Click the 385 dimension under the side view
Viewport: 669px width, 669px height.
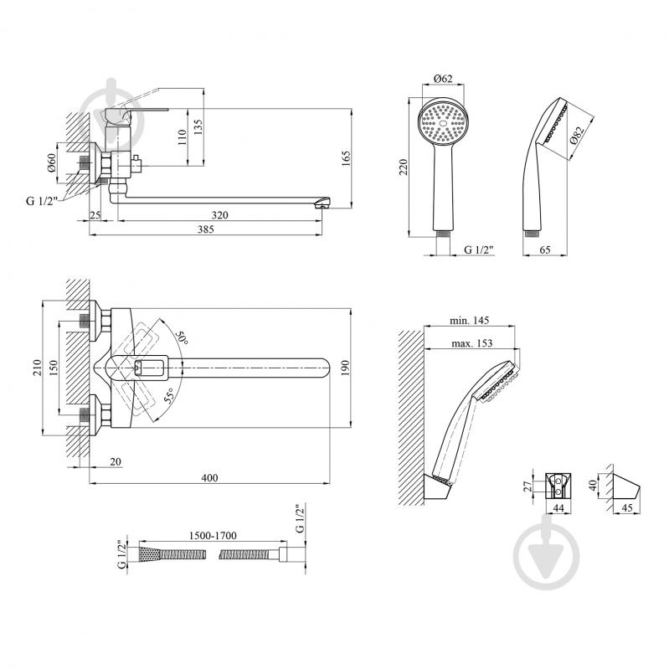206,230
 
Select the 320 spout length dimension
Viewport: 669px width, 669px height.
219,215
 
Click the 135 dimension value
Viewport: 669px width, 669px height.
198,126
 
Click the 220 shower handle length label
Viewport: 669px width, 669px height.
405,167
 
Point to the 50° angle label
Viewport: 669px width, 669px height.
182,339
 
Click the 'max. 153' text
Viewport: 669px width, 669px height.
474,343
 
